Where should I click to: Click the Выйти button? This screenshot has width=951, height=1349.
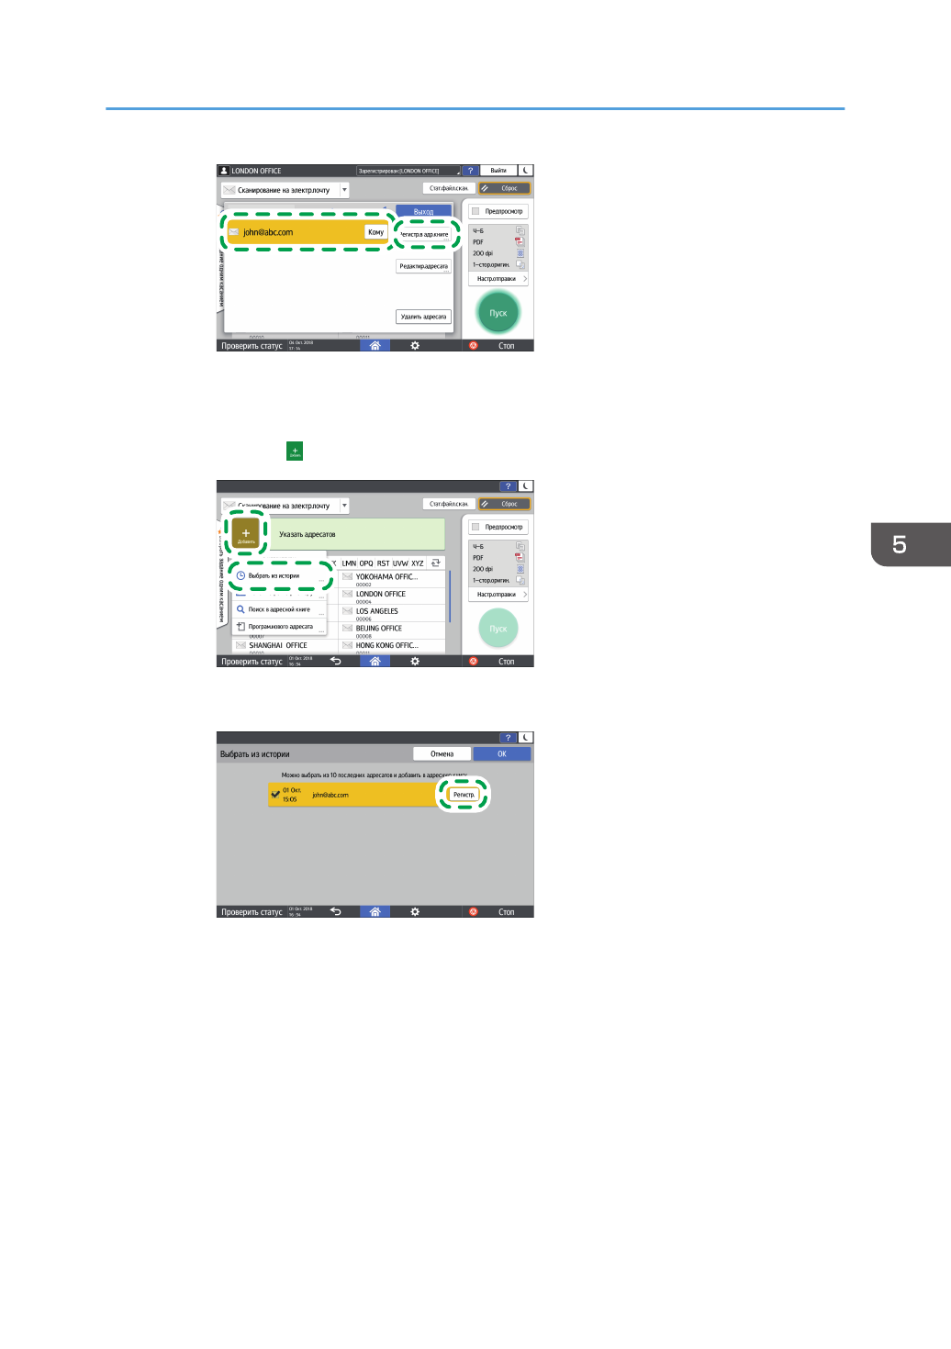(x=498, y=171)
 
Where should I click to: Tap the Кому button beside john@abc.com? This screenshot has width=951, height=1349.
(x=375, y=232)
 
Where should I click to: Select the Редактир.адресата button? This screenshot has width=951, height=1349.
(x=423, y=266)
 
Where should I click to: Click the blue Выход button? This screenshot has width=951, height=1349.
(x=423, y=212)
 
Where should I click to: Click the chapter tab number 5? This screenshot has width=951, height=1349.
(x=900, y=544)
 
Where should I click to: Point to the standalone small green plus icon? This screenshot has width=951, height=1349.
(x=295, y=451)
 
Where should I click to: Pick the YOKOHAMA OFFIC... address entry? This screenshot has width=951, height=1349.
(x=390, y=577)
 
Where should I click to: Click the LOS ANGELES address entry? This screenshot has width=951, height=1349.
(x=390, y=611)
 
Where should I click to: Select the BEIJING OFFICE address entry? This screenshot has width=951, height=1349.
(x=390, y=629)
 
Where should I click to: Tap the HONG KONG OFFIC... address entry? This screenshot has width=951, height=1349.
(x=390, y=645)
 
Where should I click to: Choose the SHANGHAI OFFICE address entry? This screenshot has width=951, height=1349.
(x=280, y=645)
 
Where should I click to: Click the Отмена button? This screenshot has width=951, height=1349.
(x=442, y=753)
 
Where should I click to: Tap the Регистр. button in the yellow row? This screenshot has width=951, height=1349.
(x=464, y=795)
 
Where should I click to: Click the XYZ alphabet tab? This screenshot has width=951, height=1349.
(x=418, y=563)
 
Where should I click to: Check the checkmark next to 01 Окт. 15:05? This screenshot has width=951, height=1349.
(x=275, y=795)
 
